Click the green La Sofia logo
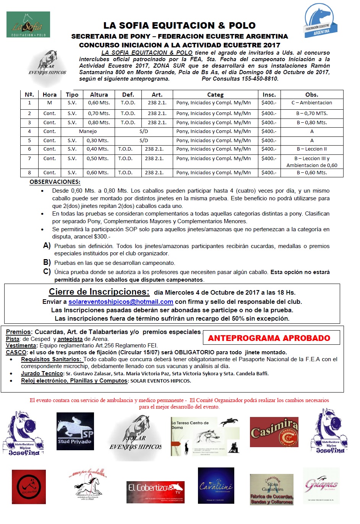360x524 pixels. [28, 24]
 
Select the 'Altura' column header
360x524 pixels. [99, 95]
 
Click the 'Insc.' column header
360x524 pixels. [269, 95]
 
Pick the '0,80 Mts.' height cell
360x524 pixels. [99, 123]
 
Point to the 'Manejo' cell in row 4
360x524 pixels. [88, 131]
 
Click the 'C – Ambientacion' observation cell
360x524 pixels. [312, 103]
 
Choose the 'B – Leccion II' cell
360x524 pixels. [312, 149]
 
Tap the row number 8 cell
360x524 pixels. [29, 173]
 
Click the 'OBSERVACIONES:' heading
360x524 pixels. [55, 182]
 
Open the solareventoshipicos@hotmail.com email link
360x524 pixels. [121, 302]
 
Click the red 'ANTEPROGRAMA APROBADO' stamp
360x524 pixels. [269, 338]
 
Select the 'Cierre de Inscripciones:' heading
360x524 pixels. [99, 292]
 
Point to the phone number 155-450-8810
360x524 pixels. [260, 79]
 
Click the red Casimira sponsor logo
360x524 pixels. [274, 432]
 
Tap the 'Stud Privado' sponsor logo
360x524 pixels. [75, 431]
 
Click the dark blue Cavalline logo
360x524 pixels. [216, 486]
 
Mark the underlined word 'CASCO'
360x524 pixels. [16, 352]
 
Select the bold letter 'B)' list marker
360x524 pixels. [47, 263]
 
